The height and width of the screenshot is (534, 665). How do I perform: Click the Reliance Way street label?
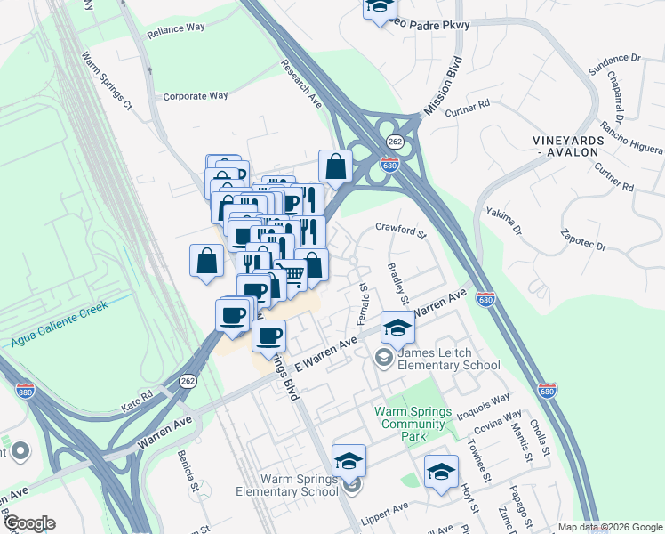tap(177, 28)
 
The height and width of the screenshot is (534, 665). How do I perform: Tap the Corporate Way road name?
tap(196, 96)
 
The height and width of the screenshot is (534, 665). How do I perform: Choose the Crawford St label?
tap(400, 231)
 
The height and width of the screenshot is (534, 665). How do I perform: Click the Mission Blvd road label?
tap(445, 86)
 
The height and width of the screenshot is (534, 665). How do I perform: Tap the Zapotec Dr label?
tap(582, 237)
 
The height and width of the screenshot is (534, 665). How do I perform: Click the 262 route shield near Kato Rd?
tap(188, 379)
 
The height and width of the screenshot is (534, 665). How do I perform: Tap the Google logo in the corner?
tap(28, 523)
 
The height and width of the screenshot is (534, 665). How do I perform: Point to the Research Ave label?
tap(301, 84)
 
